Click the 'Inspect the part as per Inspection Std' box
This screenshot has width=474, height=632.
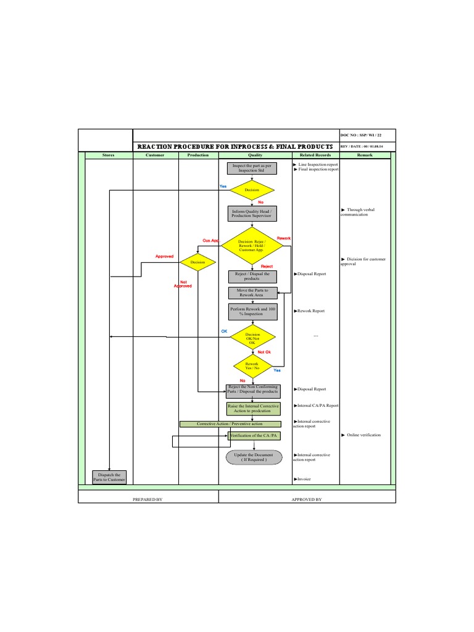click(252, 168)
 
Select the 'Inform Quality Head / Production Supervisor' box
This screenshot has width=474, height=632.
click(252, 214)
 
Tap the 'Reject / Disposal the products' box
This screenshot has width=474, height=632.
click(252, 276)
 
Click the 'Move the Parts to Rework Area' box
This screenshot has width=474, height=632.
click(252, 293)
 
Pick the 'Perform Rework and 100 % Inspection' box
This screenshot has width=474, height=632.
click(252, 311)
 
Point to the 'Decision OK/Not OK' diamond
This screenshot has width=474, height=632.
click(252, 338)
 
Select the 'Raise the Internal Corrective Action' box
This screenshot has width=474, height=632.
click(253, 409)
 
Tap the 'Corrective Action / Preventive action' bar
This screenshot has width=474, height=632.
click(230, 424)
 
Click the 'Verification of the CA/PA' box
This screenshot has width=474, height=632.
click(254, 436)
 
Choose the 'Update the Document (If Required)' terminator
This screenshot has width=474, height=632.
click(253, 457)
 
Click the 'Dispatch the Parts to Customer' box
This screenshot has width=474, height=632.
click(109, 477)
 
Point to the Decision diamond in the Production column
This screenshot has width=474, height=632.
click(197, 262)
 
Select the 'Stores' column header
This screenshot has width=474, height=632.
click(109, 156)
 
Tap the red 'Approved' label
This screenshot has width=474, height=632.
click(164, 256)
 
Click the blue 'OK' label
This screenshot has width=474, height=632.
click(224, 331)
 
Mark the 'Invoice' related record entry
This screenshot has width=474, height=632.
click(304, 479)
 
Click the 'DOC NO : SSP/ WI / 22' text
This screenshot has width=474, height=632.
click(362, 135)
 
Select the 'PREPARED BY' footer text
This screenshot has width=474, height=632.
click(148, 499)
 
